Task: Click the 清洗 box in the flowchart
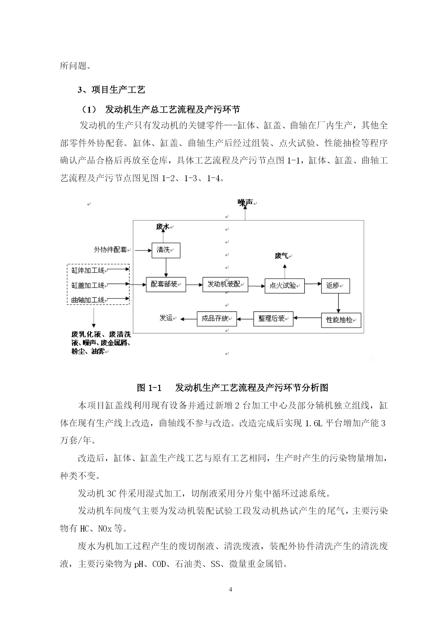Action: tap(166, 250)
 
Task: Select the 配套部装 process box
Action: tap(166, 284)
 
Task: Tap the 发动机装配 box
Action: tap(225, 284)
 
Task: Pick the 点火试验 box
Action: tap(284, 286)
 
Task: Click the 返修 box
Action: tap(336, 285)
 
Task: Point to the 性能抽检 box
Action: tap(341, 320)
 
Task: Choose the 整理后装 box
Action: tap(273, 319)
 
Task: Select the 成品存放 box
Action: tap(217, 319)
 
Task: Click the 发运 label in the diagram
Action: tap(166, 318)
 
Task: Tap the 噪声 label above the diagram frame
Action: tap(245, 203)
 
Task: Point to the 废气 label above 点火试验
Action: tap(282, 256)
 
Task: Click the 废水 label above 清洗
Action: tap(162, 227)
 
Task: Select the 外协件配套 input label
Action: tap(110, 249)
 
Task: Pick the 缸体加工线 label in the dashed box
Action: tap(88, 270)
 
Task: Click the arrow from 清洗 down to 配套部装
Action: tap(166, 267)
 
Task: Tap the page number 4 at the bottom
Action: tap(231, 590)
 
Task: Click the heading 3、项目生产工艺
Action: tap(112, 90)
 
